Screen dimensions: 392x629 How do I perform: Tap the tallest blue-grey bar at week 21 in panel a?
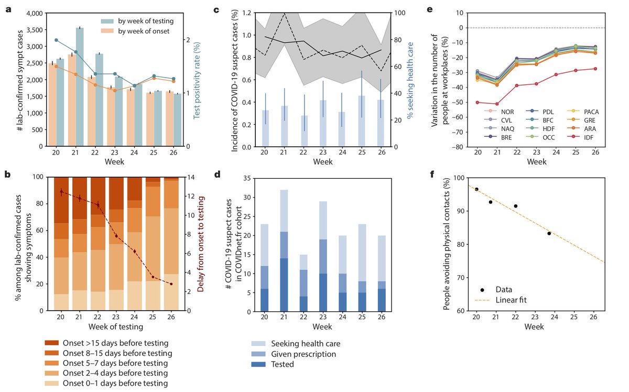[x=80, y=86]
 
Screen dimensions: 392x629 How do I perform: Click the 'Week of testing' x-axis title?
[x=115, y=328]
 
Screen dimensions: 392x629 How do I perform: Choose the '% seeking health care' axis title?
[x=411, y=79]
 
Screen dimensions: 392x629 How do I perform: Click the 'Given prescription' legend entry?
[x=303, y=354]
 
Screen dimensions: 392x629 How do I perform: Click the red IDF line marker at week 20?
[x=476, y=102]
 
